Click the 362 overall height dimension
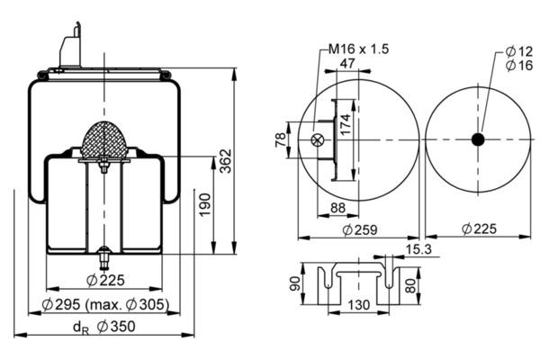click(x=226, y=161)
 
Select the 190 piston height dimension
click(x=205, y=205)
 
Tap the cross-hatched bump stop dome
click(x=104, y=139)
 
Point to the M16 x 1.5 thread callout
click(x=358, y=49)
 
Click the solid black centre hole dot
click(x=478, y=139)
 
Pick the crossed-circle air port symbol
click(x=317, y=139)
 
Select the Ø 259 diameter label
click(x=360, y=229)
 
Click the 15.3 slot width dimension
click(x=418, y=249)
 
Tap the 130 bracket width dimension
click(x=358, y=304)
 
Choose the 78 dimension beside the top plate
click(x=281, y=139)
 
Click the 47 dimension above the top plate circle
click(x=347, y=63)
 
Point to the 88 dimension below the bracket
click(x=337, y=208)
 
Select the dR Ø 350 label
click(x=104, y=327)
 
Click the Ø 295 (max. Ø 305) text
click(x=105, y=304)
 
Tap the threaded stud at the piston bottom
click(x=103, y=259)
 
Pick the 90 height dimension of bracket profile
click(x=295, y=283)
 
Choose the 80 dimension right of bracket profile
click(x=410, y=285)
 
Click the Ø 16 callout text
click(x=519, y=65)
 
